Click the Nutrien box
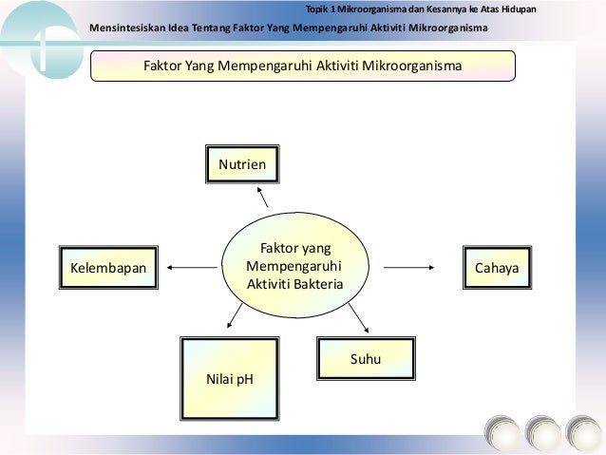point(242,164)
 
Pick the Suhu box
point(352,359)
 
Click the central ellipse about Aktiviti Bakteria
point(294,265)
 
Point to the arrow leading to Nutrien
point(260,194)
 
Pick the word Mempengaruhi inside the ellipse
point(294,265)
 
